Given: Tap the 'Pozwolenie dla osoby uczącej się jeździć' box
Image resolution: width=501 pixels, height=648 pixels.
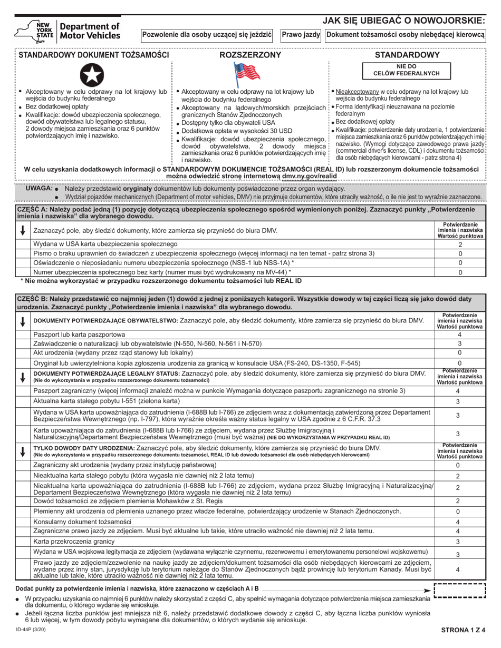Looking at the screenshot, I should [x=207, y=35].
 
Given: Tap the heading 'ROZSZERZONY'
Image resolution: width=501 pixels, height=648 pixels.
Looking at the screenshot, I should [x=250, y=55].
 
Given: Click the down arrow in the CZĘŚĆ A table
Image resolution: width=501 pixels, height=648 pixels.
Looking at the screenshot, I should [x=23, y=231].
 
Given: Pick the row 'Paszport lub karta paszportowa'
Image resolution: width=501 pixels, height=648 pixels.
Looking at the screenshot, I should [x=80, y=334].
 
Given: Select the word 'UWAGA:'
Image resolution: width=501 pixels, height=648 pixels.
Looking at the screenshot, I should [x=39, y=188].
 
